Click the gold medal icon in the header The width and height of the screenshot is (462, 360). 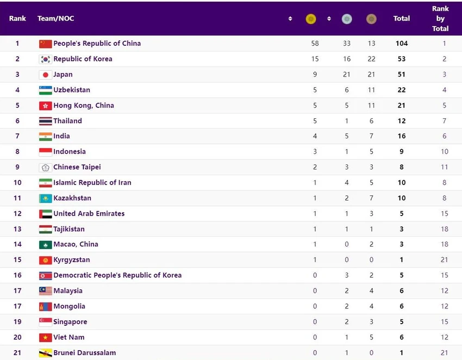tap(311, 19)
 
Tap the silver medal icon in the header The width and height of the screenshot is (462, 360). tap(347, 19)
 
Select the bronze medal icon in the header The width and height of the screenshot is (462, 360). tap(371, 19)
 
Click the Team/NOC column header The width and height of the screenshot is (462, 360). tap(55, 18)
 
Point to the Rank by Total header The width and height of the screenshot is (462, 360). tap(440, 18)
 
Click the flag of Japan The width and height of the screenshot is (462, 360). tap(45, 75)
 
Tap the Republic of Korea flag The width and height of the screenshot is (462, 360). tap(45, 59)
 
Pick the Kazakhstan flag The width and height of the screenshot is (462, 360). tap(45, 198)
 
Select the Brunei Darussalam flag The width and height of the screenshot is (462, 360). tap(45, 353)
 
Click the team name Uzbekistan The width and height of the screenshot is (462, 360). tap(72, 90)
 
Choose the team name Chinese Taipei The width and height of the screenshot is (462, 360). tap(77, 167)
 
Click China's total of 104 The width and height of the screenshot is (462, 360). tap(402, 43)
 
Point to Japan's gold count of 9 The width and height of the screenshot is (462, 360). tap(315, 74)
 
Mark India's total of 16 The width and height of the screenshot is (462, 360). tap(402, 136)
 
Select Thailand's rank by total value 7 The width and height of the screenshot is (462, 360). tap(444, 121)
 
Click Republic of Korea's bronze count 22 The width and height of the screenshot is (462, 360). tap(371, 59)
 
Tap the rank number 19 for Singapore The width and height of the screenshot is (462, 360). tap(17, 321)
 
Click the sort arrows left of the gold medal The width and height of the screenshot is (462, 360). tap(290, 19)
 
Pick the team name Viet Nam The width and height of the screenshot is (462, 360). tap(69, 337)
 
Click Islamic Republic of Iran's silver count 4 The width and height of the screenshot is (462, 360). tap(347, 182)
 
